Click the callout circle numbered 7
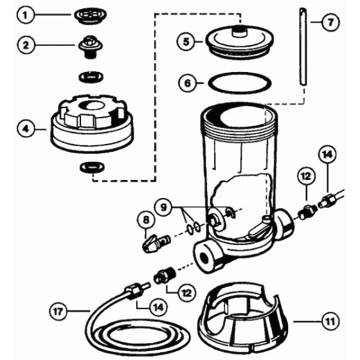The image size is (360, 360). click(x=328, y=22)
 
